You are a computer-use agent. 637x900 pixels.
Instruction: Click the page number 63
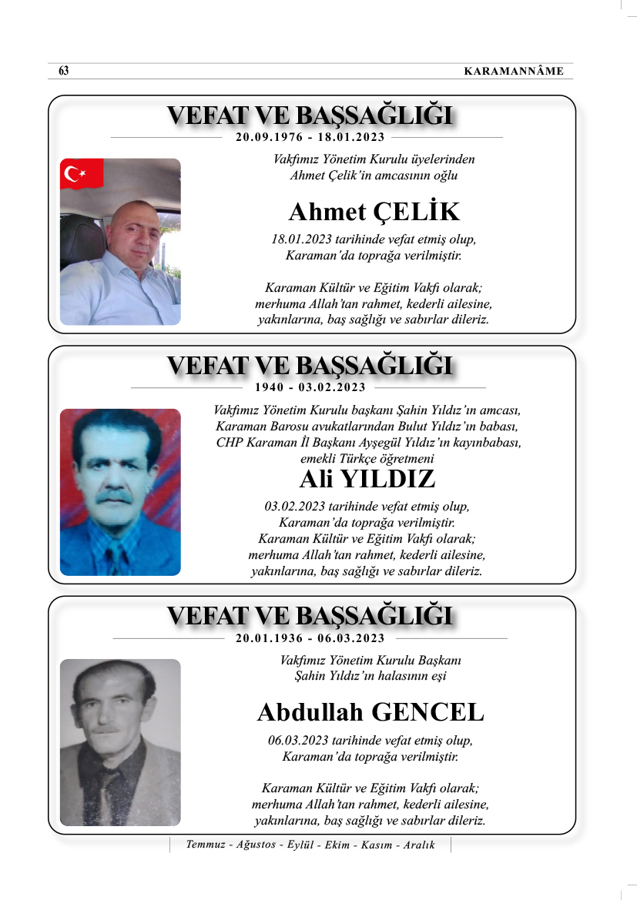[x=64, y=72]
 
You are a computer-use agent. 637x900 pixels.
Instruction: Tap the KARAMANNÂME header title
[x=514, y=72]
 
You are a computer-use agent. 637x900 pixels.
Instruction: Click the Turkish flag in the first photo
[x=81, y=175]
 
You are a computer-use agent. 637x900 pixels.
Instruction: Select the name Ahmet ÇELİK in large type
[x=374, y=212]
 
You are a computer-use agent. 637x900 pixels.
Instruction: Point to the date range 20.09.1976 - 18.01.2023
[x=310, y=138]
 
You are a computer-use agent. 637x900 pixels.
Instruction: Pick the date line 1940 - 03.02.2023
[x=310, y=387]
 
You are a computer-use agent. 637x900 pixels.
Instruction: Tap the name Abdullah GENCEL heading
[x=370, y=712]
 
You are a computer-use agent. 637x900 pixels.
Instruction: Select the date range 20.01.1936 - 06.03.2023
[x=310, y=638]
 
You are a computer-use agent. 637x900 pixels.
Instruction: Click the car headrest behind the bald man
[x=83, y=239]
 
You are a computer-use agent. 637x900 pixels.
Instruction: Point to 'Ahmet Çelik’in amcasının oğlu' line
[x=374, y=175]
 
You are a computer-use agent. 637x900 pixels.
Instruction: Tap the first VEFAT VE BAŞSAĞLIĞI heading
[x=310, y=115]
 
